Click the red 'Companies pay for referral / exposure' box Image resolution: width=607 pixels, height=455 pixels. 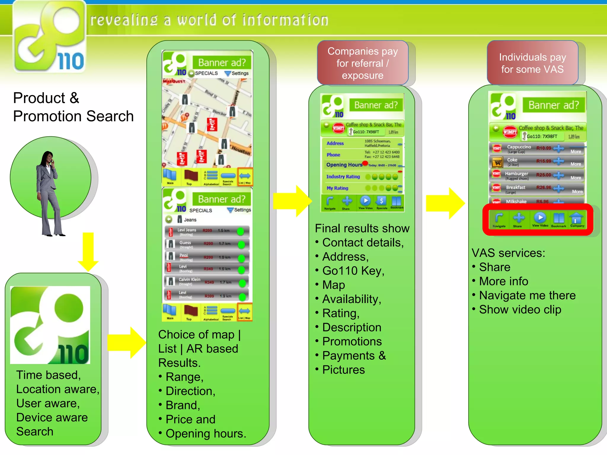click(362, 63)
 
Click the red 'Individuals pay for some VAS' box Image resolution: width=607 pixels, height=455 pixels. click(532, 63)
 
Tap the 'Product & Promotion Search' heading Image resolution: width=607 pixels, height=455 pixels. click(73, 107)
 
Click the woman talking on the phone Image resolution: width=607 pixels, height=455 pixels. click(49, 193)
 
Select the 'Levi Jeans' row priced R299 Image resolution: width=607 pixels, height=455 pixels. click(207, 231)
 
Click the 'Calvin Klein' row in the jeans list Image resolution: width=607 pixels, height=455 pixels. click(207, 281)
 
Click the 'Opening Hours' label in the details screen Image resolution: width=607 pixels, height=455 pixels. click(344, 165)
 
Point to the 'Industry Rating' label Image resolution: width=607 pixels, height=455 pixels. click(343, 177)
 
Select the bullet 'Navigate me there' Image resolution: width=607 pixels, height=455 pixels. click(527, 295)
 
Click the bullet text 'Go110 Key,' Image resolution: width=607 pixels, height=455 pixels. click(353, 271)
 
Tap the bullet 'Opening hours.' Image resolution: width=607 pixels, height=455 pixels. click(206, 433)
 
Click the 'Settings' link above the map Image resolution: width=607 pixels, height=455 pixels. click(239, 73)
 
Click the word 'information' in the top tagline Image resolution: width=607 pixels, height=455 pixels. click(285, 20)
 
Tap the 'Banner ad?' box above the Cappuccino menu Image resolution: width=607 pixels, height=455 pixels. click(553, 105)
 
